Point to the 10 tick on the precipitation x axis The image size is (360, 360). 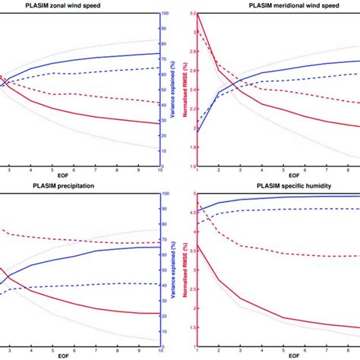point(159,350)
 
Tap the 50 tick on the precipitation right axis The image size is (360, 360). point(165,270)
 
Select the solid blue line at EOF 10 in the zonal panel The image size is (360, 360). point(159,53)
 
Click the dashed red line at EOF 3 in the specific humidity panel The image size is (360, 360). point(238,245)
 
